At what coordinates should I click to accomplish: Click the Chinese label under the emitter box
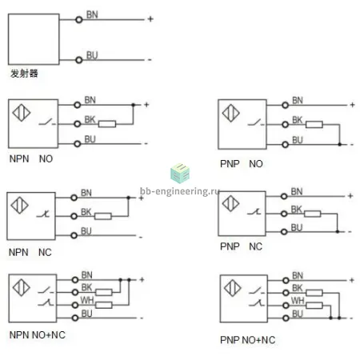click(x=24, y=74)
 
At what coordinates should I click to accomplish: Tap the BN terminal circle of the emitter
click(x=79, y=20)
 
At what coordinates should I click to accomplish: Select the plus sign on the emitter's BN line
click(x=150, y=19)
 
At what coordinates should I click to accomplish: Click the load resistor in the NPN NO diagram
click(x=107, y=124)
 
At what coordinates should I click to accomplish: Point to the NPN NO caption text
click(x=31, y=159)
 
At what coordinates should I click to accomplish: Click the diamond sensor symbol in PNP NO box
click(x=231, y=113)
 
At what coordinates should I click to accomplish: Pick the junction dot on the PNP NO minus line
click(x=339, y=144)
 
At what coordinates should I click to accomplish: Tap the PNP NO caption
click(x=242, y=164)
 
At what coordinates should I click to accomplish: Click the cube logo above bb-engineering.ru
click(x=180, y=174)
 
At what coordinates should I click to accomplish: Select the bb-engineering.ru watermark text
click(x=180, y=191)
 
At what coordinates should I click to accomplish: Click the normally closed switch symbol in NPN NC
click(x=44, y=214)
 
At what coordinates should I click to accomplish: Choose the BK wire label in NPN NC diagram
click(x=86, y=212)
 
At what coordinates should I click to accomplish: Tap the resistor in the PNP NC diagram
click(x=313, y=214)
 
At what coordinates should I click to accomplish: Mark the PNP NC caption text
click(x=241, y=246)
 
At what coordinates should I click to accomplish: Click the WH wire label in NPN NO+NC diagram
click(x=87, y=300)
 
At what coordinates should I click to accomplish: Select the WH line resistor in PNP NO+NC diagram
click(x=314, y=306)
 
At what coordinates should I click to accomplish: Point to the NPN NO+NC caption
click(x=38, y=335)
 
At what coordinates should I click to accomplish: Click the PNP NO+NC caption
click(x=248, y=340)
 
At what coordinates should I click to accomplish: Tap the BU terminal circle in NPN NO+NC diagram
click(x=75, y=318)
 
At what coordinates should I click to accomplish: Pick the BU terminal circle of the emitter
click(x=79, y=60)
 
